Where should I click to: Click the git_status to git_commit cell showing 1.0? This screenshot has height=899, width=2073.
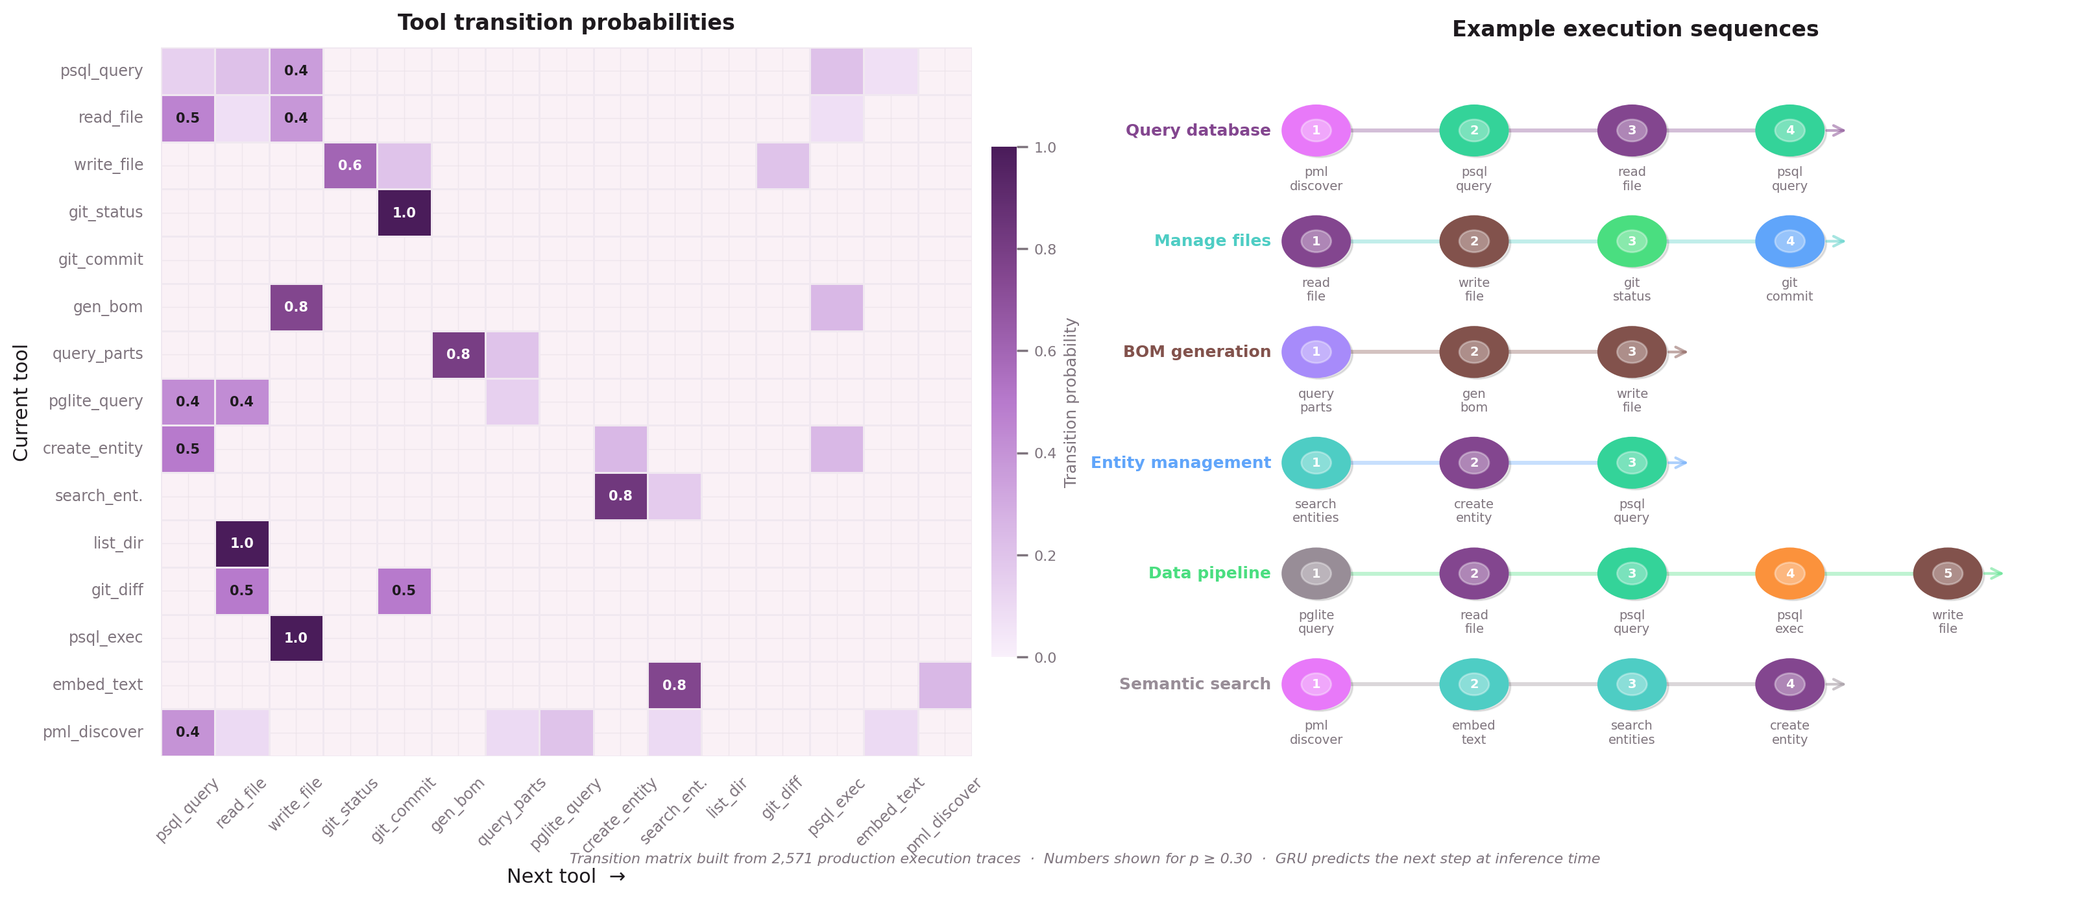point(404,212)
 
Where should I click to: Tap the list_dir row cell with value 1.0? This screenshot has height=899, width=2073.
point(241,543)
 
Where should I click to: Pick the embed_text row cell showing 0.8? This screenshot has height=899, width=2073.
point(674,685)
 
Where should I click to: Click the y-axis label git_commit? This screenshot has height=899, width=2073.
point(101,259)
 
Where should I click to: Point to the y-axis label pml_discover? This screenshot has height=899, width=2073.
point(93,732)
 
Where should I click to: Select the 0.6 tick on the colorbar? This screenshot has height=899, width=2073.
point(1045,351)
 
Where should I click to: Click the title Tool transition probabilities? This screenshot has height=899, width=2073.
point(566,23)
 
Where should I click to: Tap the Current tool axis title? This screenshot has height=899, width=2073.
point(21,402)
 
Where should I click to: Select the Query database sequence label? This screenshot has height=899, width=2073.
point(1198,130)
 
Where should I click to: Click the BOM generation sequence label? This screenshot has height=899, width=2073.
point(1196,352)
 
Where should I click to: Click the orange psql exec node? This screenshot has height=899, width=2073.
point(1789,573)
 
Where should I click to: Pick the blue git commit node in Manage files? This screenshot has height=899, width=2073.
point(1789,241)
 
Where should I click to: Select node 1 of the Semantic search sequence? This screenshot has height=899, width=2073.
point(1316,684)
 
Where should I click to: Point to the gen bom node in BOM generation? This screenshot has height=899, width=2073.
point(1473,352)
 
